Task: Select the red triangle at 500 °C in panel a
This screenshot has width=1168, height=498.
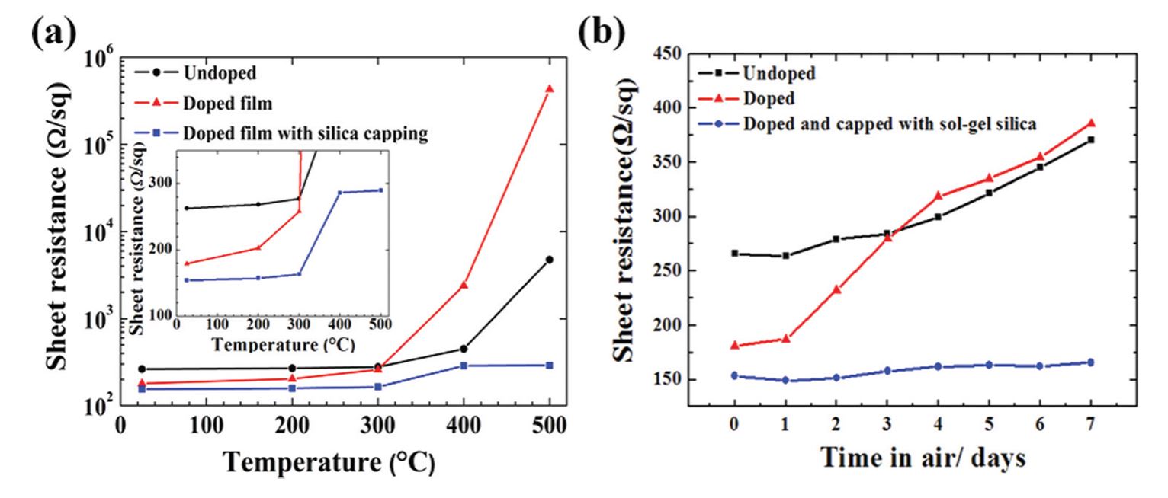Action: coord(549,89)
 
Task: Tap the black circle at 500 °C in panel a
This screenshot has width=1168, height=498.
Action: coord(549,260)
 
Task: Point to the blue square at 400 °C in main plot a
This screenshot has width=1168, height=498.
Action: coord(464,366)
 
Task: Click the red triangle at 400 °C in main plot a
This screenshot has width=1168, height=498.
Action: coord(464,285)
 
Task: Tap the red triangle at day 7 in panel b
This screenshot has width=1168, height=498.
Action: coord(1091,123)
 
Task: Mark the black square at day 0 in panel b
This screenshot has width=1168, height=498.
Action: coord(734,253)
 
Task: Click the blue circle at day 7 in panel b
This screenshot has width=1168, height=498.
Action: coord(1091,362)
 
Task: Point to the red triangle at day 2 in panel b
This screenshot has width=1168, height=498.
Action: coord(836,289)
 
